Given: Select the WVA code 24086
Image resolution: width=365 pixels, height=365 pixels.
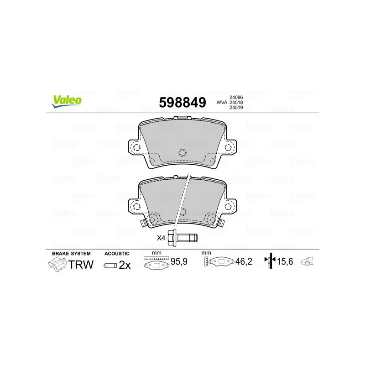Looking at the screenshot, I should (236, 97).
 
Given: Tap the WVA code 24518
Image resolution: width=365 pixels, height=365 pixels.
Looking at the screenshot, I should (236, 103).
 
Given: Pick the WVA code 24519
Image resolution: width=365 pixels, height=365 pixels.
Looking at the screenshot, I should (236, 109).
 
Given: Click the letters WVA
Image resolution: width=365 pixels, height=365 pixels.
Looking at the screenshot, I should (221, 103).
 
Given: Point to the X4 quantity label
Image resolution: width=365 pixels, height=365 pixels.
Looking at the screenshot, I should (161, 238).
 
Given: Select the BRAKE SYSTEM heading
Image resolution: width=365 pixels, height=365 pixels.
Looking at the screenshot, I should (71, 254).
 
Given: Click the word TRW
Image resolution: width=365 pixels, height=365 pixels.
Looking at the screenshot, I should (81, 264).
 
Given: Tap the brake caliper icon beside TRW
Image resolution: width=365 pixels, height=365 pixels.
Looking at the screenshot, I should (57, 264).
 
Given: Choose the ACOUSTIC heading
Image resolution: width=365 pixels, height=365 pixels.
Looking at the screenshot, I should (117, 254).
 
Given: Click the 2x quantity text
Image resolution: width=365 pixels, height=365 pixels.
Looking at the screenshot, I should (125, 265).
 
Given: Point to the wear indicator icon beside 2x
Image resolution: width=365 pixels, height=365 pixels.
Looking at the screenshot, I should (110, 265).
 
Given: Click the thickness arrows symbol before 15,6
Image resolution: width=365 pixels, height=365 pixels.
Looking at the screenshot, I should (271, 261).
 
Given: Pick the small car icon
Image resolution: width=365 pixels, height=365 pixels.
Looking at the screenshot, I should (308, 262).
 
